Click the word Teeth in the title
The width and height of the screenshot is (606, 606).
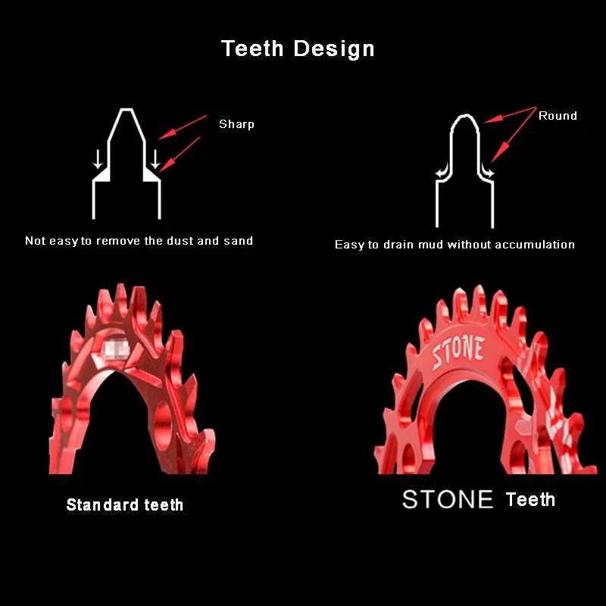(252, 48)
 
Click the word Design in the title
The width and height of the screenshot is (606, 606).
(334, 49)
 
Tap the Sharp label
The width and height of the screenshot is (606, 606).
(236, 124)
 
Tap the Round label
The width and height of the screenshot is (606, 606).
(558, 116)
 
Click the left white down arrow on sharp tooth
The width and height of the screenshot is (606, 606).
(98, 159)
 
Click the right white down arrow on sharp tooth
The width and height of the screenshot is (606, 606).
(155, 159)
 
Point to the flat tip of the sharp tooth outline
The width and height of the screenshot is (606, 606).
(127, 109)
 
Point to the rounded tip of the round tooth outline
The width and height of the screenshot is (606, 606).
(465, 115)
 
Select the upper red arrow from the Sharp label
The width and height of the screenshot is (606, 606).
(183, 127)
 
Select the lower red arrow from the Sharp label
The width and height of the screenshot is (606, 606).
(180, 155)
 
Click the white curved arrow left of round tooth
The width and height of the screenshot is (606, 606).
(443, 172)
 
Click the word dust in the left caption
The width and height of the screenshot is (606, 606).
(180, 241)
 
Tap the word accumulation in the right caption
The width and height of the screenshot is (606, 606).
(535, 245)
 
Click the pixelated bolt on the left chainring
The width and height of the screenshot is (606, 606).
(117, 348)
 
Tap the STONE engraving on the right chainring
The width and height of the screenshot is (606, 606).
(458, 351)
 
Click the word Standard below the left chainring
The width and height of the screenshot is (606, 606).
(102, 504)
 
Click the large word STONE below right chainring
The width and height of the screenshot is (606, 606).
(448, 499)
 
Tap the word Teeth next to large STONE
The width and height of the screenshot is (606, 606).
(530, 499)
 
